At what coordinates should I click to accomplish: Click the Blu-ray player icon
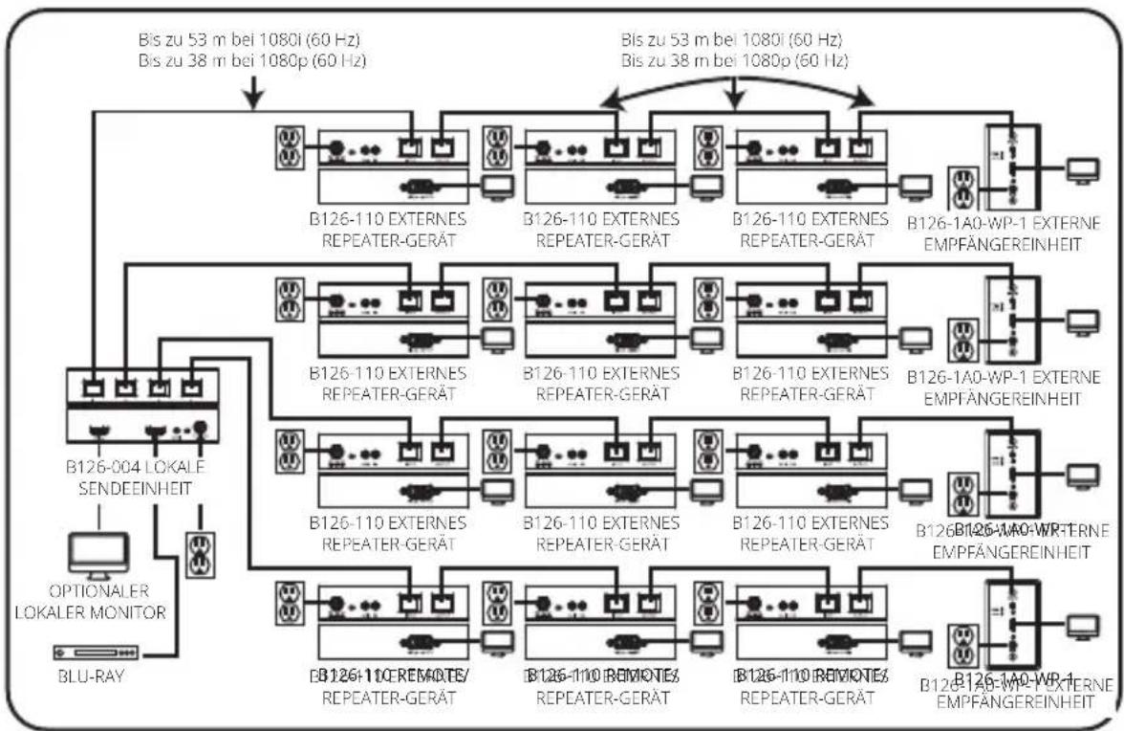(x=97, y=653)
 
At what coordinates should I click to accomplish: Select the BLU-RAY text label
(x=85, y=680)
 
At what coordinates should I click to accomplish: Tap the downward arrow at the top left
(x=254, y=95)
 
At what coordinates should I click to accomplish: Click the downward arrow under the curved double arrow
(x=734, y=95)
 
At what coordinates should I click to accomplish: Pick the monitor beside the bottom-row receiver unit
(x=1083, y=628)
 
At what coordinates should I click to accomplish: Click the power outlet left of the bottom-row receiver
(x=962, y=649)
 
